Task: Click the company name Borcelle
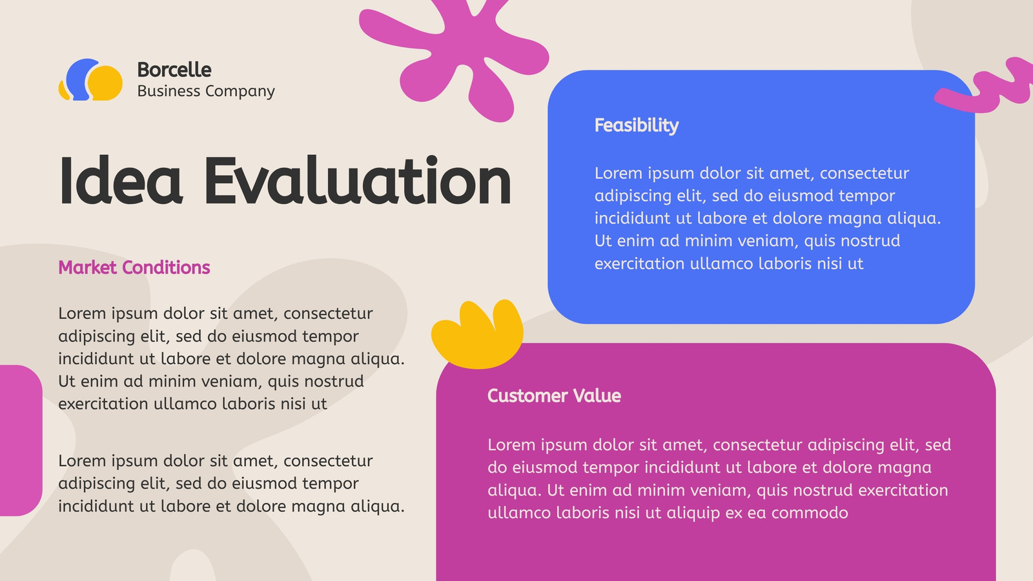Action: (174, 70)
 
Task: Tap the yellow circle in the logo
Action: (106, 83)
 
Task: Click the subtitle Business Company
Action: (206, 91)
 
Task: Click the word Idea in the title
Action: (120, 180)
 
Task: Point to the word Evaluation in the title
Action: (358, 180)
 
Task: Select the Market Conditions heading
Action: (134, 267)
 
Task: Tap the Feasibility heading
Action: (637, 126)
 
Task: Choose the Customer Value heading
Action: (554, 396)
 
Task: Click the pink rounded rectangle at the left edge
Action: (20, 440)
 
